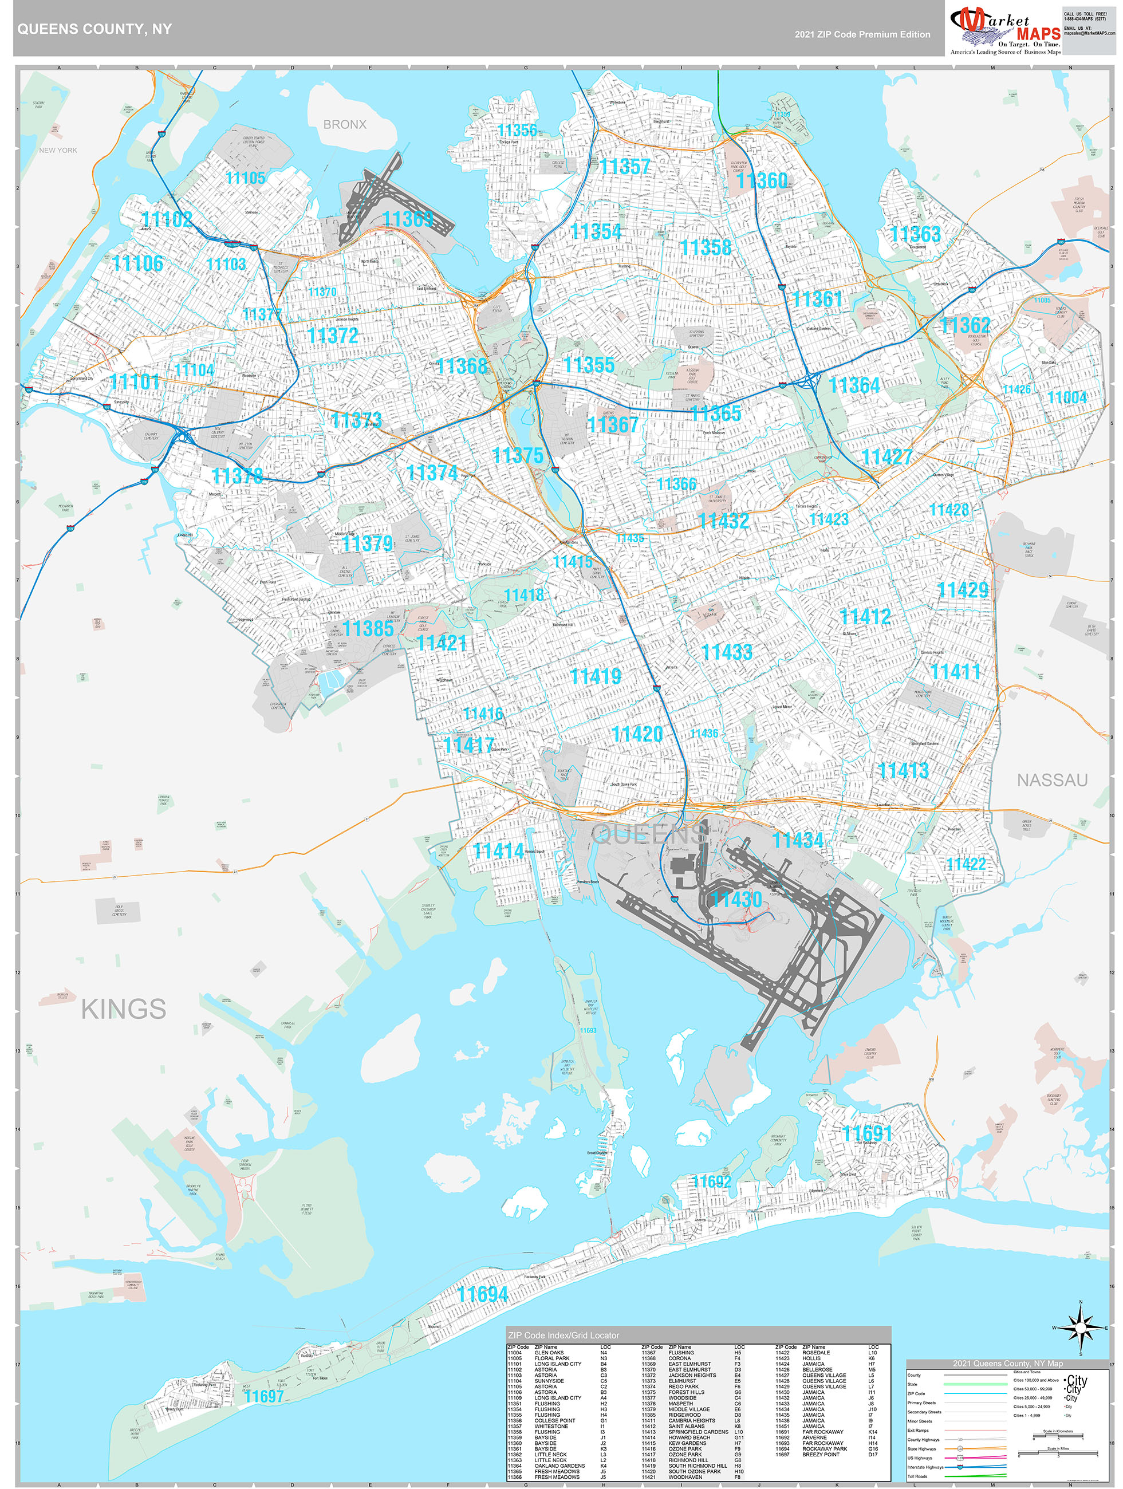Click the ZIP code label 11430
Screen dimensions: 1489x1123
click(x=736, y=899)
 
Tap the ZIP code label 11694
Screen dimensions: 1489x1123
click(x=483, y=1294)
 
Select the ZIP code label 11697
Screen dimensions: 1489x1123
click(x=263, y=1397)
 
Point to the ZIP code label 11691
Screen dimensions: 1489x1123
click(x=867, y=1133)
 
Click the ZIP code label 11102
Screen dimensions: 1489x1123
click(x=167, y=219)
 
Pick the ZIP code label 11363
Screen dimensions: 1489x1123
click(x=915, y=234)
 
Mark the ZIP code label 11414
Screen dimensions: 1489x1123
click(x=498, y=851)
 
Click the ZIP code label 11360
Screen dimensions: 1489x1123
click(x=762, y=180)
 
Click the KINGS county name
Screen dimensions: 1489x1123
click(x=123, y=1009)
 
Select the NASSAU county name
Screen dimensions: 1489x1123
click(x=1051, y=780)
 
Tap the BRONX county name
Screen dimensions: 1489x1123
click(x=345, y=124)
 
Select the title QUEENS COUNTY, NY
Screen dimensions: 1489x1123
click(x=94, y=29)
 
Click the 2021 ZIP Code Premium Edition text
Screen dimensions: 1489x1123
click(x=862, y=34)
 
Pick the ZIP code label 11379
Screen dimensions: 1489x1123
click(x=367, y=543)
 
